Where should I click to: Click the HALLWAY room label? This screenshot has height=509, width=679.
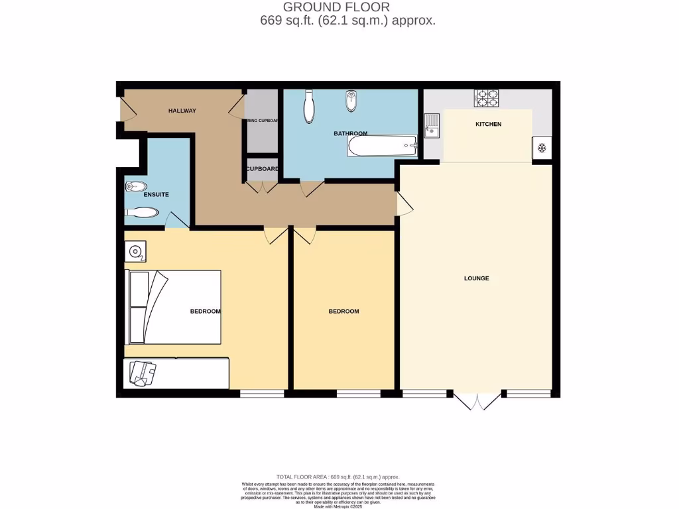point(182,111)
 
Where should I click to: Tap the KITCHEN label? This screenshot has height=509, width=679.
point(488,125)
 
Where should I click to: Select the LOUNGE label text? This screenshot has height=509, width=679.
point(476,278)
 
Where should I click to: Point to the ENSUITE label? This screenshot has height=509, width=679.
point(156,195)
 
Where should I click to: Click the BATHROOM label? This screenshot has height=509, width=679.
point(350,133)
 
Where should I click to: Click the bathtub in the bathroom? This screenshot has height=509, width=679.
point(382,145)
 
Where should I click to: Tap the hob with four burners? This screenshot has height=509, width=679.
point(486,98)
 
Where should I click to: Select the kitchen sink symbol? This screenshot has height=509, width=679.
point(432,126)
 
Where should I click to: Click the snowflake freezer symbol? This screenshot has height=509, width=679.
point(542,148)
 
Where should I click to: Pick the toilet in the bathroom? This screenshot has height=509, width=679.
point(308,108)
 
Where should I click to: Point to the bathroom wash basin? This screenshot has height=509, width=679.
point(351,102)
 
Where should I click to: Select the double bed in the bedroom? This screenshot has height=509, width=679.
point(174,307)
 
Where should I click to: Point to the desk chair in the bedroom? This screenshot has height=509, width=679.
point(143,372)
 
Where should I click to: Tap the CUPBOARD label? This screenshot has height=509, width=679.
point(262,169)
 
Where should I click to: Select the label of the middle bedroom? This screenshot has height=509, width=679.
point(343,311)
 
